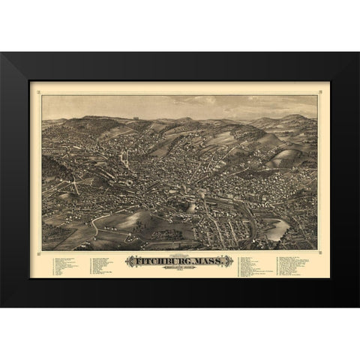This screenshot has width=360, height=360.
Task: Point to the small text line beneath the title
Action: tap(180, 271)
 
